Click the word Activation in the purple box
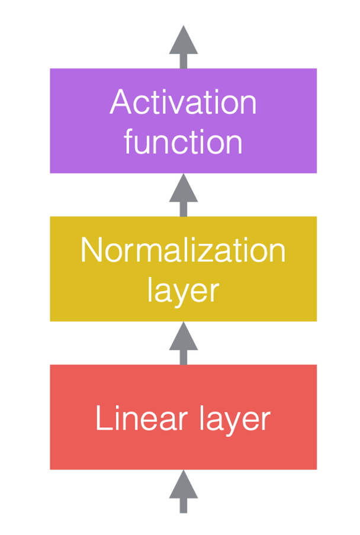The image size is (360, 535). coord(183,102)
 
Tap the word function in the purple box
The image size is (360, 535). coord(183,141)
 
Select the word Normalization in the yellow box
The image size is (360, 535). coord(183,250)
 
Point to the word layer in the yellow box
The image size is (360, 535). coord(183,291)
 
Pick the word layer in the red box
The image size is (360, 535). coord(235,420)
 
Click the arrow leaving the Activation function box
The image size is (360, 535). coord(184,47)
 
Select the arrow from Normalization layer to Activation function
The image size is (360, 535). coord(184,195)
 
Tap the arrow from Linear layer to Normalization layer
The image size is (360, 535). coord(184,343)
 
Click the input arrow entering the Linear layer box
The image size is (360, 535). coord(184,491)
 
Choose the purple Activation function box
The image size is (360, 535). coord(183,121)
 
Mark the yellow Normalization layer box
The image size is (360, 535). coord(183,269)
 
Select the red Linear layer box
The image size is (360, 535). coord(183,417)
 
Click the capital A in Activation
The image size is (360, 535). coord(121,102)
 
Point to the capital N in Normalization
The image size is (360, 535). coord(91,250)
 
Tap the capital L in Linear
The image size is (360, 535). coord(104,418)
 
